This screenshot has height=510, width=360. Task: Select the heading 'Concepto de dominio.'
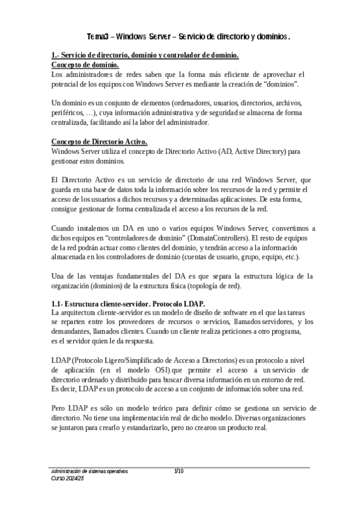85,65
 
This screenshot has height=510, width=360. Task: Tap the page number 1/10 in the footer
178,471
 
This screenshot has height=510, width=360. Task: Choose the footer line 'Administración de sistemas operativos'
89,471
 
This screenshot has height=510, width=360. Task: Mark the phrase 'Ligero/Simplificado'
132,360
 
